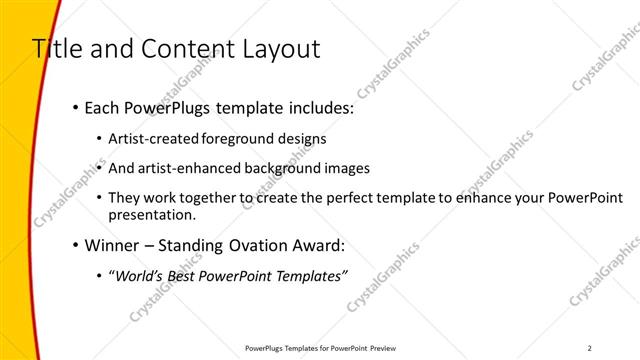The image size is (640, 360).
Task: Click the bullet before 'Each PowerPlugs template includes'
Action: click(x=76, y=108)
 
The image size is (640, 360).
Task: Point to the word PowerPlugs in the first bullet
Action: click(x=165, y=108)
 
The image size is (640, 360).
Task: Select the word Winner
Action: click(x=113, y=245)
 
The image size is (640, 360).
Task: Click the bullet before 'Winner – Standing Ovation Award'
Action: click(x=76, y=245)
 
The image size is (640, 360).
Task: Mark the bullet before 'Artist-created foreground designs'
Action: click(x=99, y=139)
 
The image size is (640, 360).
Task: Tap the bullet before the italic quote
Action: click(x=99, y=276)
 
